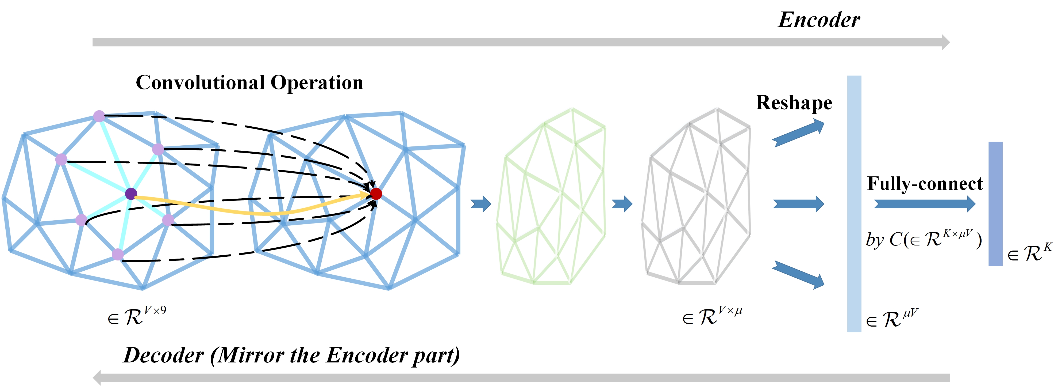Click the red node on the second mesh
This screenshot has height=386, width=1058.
[x=376, y=194]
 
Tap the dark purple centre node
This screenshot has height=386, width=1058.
[x=131, y=194]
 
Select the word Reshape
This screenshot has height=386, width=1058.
[x=794, y=103]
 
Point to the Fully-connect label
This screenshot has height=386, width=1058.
[x=925, y=184]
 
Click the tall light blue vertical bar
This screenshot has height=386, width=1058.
[x=854, y=203]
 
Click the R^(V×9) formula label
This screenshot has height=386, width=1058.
[x=137, y=316]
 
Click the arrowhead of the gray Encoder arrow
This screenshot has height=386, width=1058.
[x=945, y=42]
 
